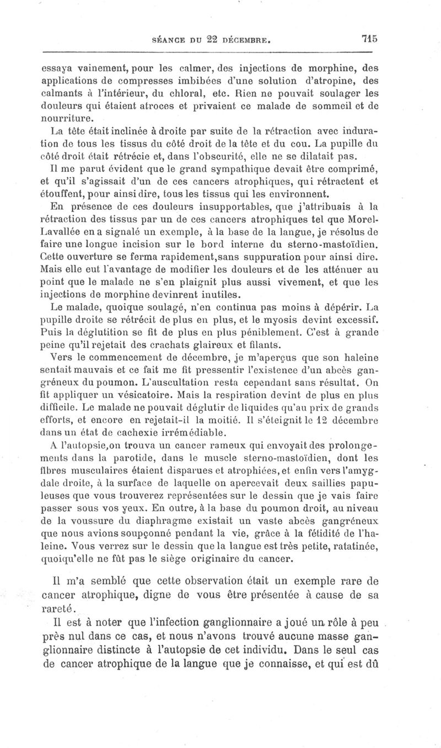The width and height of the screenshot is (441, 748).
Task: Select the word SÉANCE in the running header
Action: [x=163, y=40]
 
